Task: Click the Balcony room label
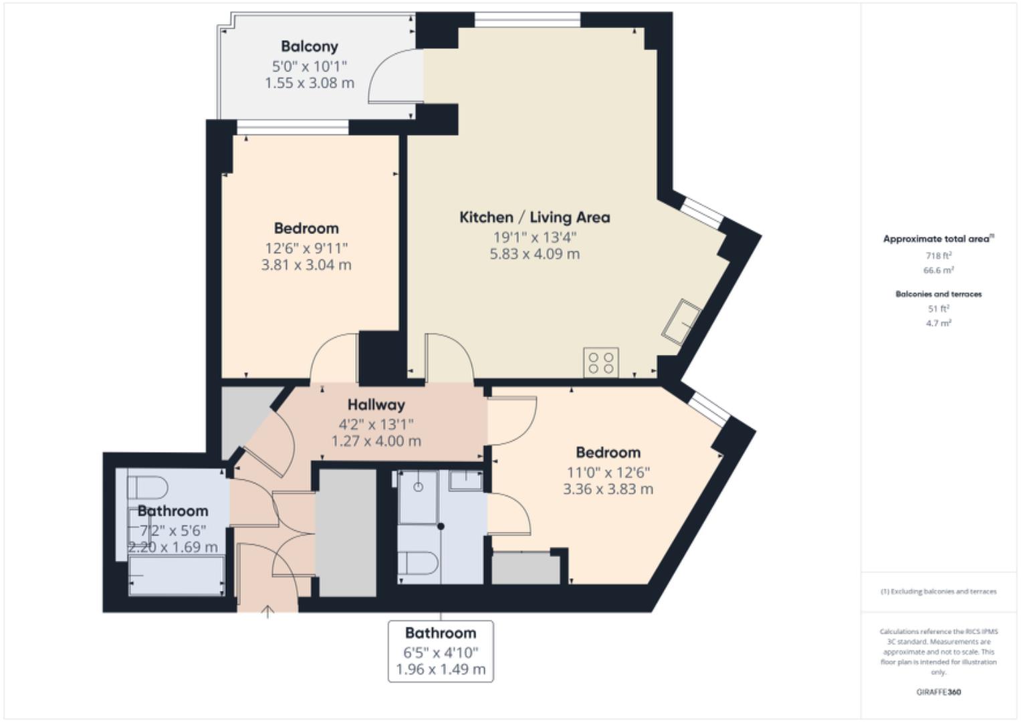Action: (309, 47)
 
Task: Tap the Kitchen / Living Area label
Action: (534, 217)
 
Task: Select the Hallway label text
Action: (376, 404)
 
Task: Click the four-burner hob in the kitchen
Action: (600, 362)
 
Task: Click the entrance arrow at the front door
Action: (267, 611)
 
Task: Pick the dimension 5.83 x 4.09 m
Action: (534, 254)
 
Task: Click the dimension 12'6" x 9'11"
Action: (306, 249)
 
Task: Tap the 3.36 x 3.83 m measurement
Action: (608, 489)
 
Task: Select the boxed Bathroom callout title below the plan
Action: (441, 633)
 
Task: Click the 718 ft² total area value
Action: (938, 255)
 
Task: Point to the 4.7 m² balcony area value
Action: (938, 323)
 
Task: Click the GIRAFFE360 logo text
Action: (938, 692)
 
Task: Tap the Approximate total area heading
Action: (937, 239)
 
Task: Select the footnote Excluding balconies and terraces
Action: (938, 592)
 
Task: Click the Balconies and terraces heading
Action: (938, 294)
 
